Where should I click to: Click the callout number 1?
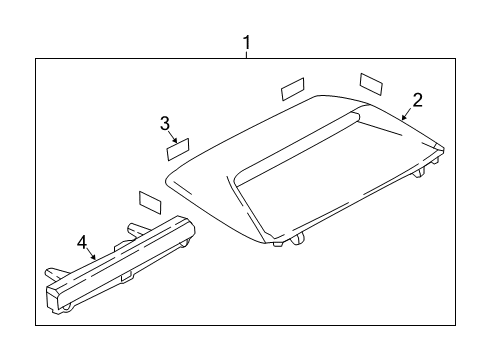(x=246, y=43)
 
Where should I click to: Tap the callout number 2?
(x=418, y=100)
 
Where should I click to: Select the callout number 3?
(x=165, y=124)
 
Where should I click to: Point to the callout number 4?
(x=82, y=242)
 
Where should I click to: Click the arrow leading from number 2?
(x=407, y=113)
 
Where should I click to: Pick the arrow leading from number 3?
(x=174, y=137)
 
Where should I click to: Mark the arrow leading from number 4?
(x=91, y=254)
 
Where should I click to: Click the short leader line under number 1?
(x=247, y=55)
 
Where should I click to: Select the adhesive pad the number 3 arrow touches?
(x=178, y=150)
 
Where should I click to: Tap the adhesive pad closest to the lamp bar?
(x=150, y=202)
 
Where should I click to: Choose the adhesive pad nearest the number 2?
(x=371, y=83)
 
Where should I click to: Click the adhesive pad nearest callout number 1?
(x=293, y=89)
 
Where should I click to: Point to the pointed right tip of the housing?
(x=444, y=149)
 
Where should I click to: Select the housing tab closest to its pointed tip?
(x=435, y=161)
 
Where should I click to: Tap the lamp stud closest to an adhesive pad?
(x=137, y=230)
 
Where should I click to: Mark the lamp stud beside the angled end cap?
(x=54, y=273)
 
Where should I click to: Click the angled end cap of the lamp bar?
(x=54, y=298)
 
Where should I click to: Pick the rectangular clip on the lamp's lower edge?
(x=126, y=277)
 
